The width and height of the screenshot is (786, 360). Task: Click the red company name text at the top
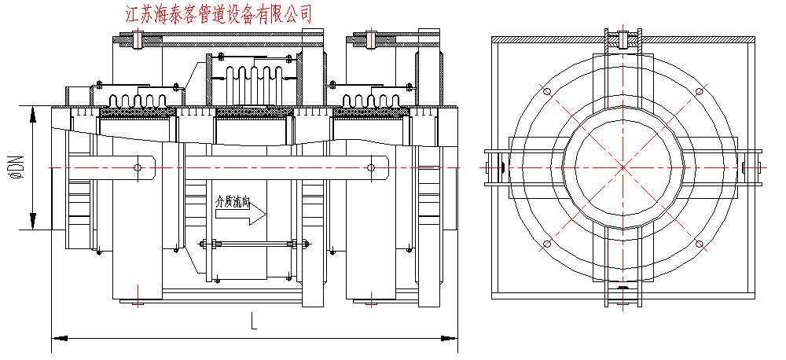(x=219, y=13)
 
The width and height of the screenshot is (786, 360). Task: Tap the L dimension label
(x=254, y=321)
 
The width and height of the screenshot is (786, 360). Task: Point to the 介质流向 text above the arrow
(x=233, y=202)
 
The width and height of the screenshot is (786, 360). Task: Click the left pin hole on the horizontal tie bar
(x=138, y=167)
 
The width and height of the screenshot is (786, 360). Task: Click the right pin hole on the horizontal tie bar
(x=369, y=167)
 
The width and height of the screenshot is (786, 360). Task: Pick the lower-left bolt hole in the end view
(x=545, y=244)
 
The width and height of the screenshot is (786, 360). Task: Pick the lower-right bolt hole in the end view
(x=699, y=244)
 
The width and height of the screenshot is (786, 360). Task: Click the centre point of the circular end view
(x=622, y=167)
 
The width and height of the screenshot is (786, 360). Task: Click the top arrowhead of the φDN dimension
(x=33, y=112)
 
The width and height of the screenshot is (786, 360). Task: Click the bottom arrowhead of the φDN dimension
(x=33, y=223)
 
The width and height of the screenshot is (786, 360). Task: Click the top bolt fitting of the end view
(x=623, y=38)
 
